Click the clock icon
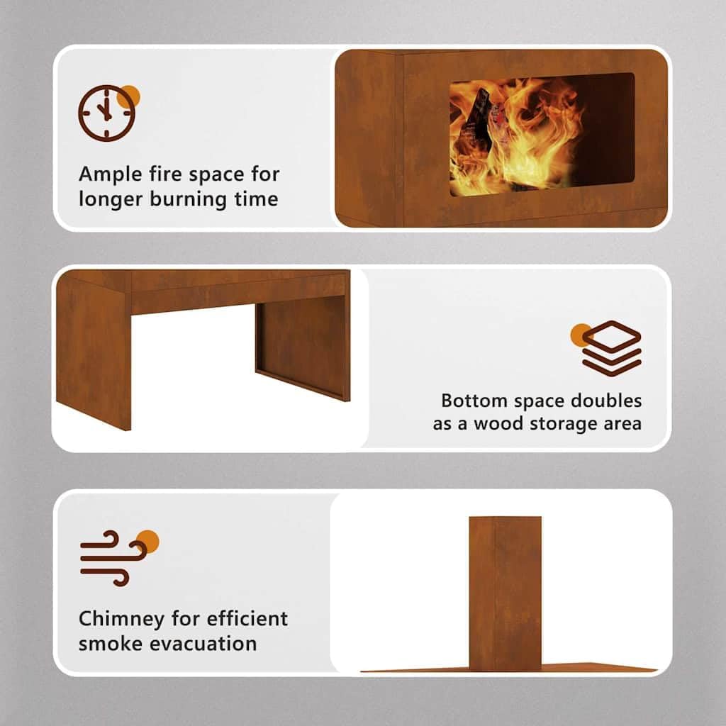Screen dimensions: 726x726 [x=106, y=113]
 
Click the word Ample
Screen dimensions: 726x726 [x=111, y=174]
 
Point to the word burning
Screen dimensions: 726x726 [x=188, y=199]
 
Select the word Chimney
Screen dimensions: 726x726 [x=121, y=620]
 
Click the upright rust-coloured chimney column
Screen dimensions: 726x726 [x=505, y=593]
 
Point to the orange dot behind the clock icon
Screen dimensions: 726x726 [x=129, y=96]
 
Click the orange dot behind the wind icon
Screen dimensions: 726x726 [x=148, y=541]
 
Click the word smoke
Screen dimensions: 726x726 [x=110, y=644]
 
